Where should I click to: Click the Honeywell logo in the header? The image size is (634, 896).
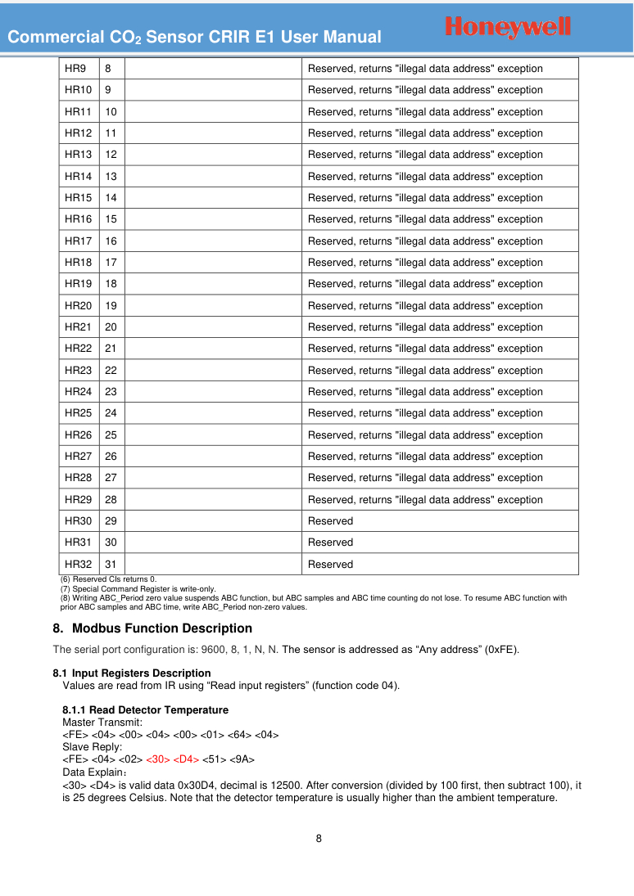click(508, 27)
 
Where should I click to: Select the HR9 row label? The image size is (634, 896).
click(75, 69)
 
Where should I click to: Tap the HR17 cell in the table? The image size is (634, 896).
click(78, 241)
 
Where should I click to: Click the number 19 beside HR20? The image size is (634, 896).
click(111, 305)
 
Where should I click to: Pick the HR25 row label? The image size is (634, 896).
click(78, 413)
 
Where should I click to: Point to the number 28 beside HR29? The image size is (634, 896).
click(111, 499)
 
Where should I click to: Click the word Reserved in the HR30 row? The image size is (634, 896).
click(330, 521)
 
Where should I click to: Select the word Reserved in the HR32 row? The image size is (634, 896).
click(330, 565)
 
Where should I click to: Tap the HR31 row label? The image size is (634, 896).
click(78, 543)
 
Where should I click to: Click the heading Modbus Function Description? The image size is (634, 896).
click(161, 628)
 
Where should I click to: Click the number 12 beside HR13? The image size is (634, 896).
click(111, 155)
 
